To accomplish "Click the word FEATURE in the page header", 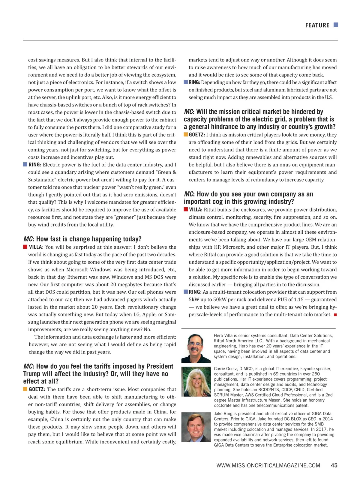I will point(317,25).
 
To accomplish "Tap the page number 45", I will point(334,465).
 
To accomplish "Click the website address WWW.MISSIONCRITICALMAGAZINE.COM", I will point(268,466).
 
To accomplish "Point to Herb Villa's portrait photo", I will point(196,348).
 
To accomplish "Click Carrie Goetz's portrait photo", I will point(196,382).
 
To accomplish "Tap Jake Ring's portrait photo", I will point(196,427).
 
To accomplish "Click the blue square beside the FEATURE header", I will point(336,25).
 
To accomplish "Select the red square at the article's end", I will point(335,315).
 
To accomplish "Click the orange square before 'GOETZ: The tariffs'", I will point(25,389).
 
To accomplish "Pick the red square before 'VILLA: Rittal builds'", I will point(186,209).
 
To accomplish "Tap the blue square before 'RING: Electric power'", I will point(25,164).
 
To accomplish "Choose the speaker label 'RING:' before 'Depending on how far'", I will point(194,82).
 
